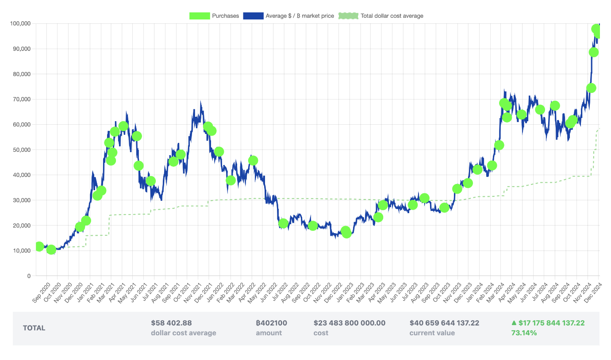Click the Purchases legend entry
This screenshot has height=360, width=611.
point(214,16)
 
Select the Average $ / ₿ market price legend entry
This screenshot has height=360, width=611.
point(288,16)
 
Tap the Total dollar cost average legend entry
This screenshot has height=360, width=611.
point(381,16)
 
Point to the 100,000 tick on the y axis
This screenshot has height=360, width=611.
point(20,23)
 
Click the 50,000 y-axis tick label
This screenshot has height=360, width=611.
point(22,150)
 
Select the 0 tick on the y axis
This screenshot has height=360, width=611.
point(29,276)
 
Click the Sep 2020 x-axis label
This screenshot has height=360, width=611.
point(42,293)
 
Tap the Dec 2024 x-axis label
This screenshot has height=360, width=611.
point(593,293)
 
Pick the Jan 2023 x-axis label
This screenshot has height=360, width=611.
point(346,293)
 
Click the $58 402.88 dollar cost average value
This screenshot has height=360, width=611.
point(171,323)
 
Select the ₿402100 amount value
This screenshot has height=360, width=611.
point(271,323)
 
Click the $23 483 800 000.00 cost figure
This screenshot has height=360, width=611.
point(350,323)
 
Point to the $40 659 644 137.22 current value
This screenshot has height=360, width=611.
point(444,323)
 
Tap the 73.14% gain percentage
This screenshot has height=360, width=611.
point(524,333)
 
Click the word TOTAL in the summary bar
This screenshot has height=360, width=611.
point(34,328)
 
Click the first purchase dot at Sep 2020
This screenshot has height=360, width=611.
point(39,246)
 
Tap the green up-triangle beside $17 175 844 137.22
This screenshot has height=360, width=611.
point(514,323)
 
